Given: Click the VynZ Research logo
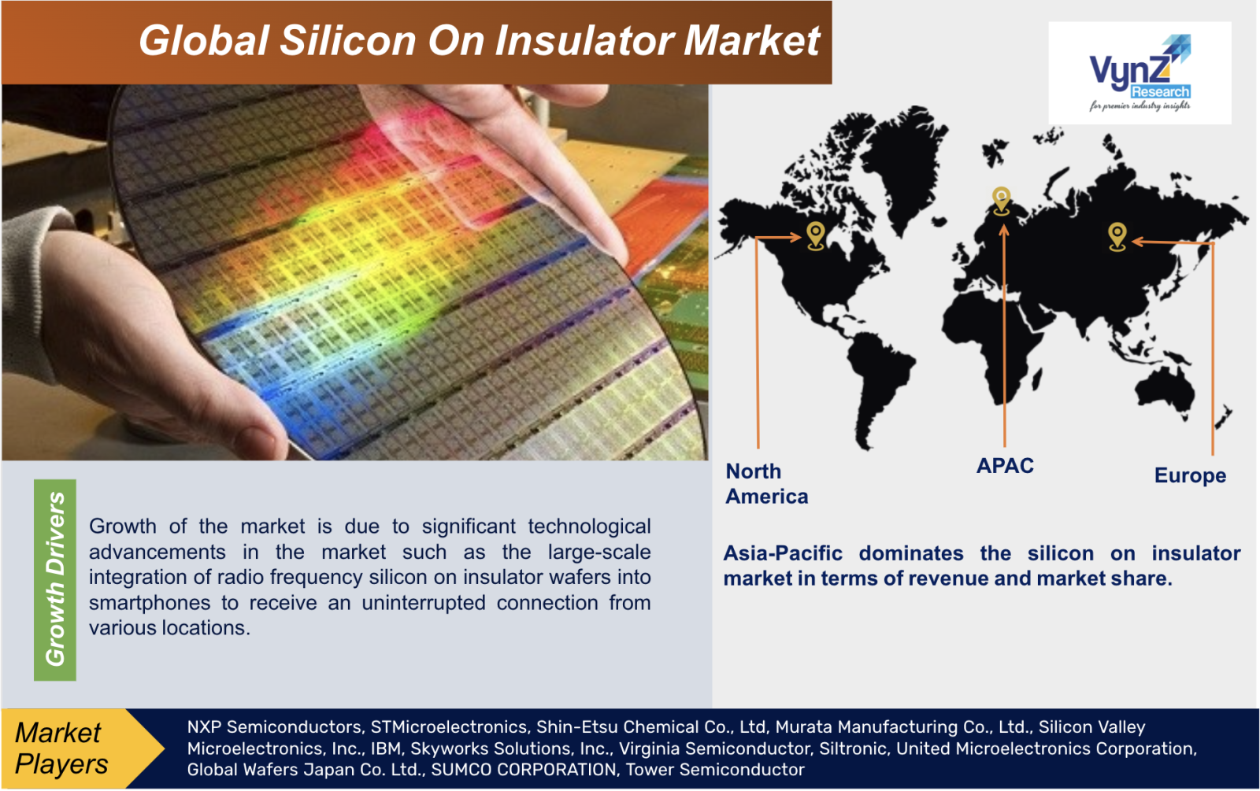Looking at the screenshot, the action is (x=1140, y=72).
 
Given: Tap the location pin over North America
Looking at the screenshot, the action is (x=816, y=235).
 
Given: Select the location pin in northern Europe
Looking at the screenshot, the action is (x=1001, y=201).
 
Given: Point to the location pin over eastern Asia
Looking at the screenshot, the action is (x=1117, y=237).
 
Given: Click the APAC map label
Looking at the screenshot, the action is (x=1005, y=466).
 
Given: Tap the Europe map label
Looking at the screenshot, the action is (x=1190, y=475).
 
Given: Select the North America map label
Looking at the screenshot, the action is (x=767, y=483).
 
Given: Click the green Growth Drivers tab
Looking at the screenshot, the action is (x=55, y=579).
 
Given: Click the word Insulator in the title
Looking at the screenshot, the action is (x=584, y=40).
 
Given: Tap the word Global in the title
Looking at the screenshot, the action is (x=204, y=40).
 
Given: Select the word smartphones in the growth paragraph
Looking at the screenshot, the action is (x=150, y=603).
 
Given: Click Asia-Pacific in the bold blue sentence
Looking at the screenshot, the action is (x=783, y=554).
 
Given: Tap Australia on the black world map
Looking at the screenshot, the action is (x=1165, y=390).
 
